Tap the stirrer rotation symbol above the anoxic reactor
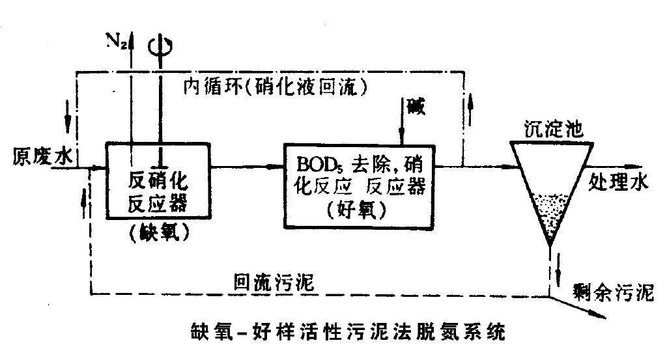coord(160,46)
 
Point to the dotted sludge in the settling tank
coord(551,212)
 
